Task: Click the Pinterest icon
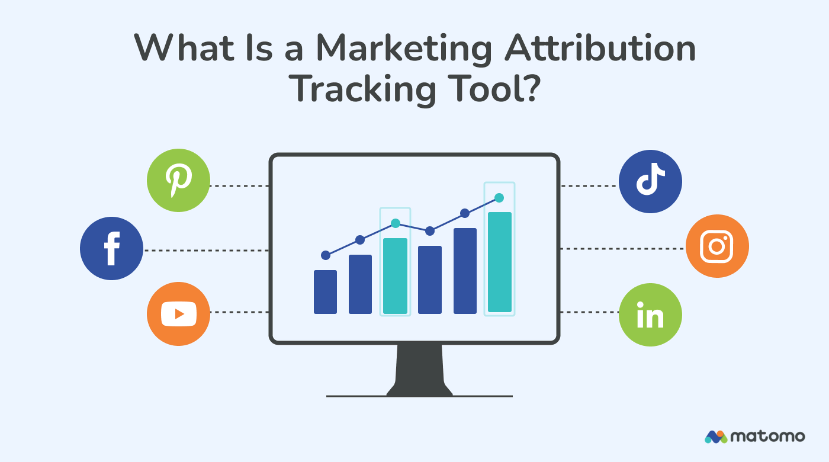[178, 180]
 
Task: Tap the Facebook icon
[111, 249]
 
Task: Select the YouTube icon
[178, 314]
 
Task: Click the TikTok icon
[650, 181]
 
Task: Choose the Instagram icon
[717, 246]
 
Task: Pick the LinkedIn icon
[650, 315]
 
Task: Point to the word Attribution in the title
[599, 49]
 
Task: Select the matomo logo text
[767, 437]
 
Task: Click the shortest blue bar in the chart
[325, 291]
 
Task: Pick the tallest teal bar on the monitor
[499, 262]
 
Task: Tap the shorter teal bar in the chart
[395, 275]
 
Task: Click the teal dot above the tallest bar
[499, 198]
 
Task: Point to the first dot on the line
[325, 255]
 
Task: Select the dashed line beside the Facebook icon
[207, 251]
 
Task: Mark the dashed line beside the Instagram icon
[622, 249]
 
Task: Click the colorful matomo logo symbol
[715, 437]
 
